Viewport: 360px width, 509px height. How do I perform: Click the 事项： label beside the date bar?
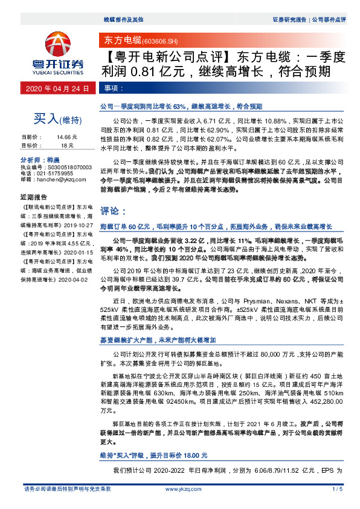point(112,88)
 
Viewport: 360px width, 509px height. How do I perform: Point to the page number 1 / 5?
point(337,488)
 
